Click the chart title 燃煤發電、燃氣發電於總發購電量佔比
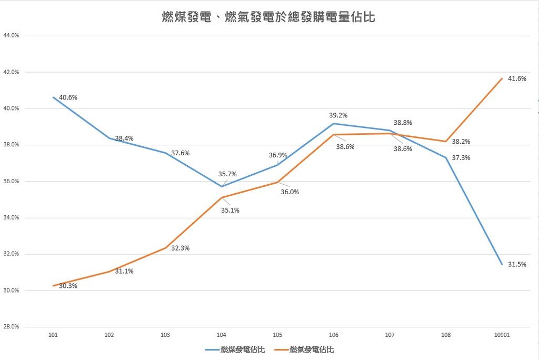[x=268, y=17]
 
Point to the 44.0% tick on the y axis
[x=11, y=36]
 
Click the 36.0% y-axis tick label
[x=11, y=181]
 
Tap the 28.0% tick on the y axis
[x=11, y=327]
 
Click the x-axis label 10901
[x=502, y=335]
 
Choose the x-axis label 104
[x=222, y=335]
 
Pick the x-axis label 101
[x=53, y=335]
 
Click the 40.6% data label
[x=68, y=97]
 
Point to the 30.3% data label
[x=68, y=286]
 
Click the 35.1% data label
[x=231, y=210]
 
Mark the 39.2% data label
[x=338, y=115]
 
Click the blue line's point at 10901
[x=502, y=264]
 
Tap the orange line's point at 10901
[x=502, y=78]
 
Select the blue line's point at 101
[x=54, y=97]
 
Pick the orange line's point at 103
[x=166, y=247]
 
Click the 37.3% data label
[x=461, y=158]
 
